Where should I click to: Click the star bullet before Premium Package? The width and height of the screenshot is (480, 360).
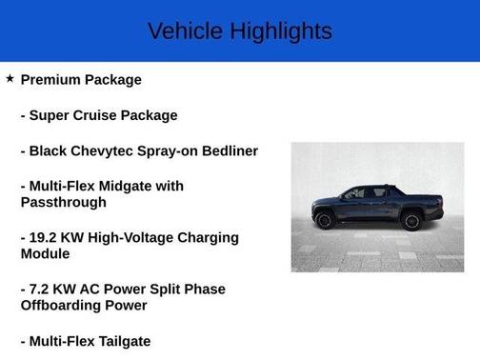click(10, 79)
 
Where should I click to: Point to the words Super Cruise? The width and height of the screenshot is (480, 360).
click(73, 115)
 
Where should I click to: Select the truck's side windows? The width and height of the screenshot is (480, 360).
click(367, 193)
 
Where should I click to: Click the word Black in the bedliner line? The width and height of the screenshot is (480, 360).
click(51, 150)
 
